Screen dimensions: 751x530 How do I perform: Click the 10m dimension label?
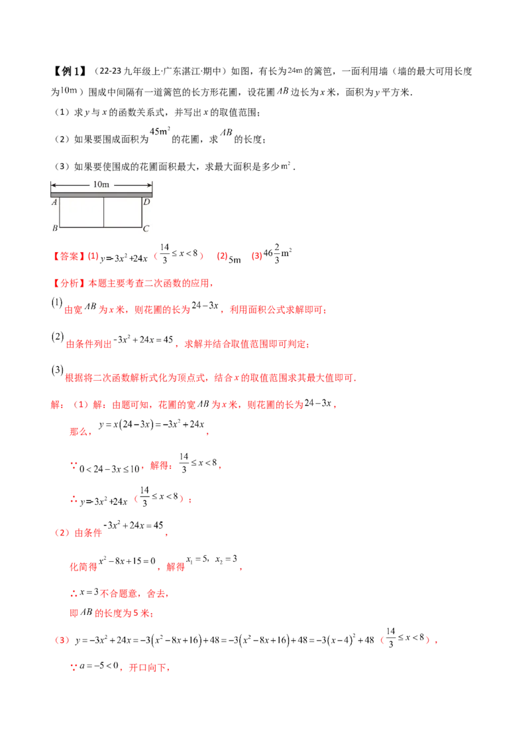[101, 184]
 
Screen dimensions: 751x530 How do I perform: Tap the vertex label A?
[54, 202]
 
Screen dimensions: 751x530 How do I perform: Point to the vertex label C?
[146, 228]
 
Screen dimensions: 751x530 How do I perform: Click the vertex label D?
[146, 202]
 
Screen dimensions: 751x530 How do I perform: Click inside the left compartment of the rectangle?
[81, 210]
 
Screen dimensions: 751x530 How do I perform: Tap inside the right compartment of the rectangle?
[123, 210]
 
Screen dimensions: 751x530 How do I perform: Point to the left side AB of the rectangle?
[60, 210]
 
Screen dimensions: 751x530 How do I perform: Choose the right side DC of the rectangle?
[142, 210]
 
